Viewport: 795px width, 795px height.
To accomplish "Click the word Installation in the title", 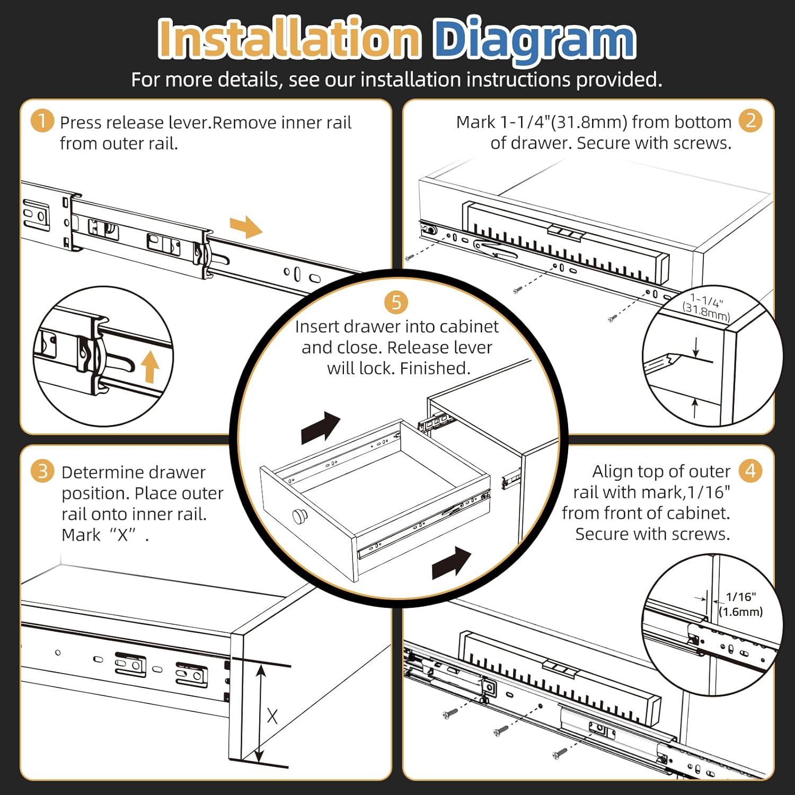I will (289, 38).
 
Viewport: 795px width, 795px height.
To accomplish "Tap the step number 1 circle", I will (42, 121).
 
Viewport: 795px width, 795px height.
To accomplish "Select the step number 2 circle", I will (750, 121).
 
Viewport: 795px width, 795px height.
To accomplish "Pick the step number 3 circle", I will (42, 471).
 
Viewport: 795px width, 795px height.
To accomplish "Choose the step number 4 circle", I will (750, 471).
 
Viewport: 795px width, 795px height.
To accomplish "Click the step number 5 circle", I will (396, 303).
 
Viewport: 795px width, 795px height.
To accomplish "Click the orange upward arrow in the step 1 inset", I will (151, 367).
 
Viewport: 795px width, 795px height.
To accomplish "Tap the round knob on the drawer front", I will (301, 515).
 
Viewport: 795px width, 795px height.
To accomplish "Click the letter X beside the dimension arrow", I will (272, 717).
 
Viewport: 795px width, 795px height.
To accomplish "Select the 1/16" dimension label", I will (740, 597).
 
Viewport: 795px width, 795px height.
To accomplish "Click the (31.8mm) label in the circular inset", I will (706, 312).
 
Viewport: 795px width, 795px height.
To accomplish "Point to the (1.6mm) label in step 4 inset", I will (740, 612).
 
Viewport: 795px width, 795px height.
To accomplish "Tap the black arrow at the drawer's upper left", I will (320, 427).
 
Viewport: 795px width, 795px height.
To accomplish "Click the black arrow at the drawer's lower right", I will (451, 563).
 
